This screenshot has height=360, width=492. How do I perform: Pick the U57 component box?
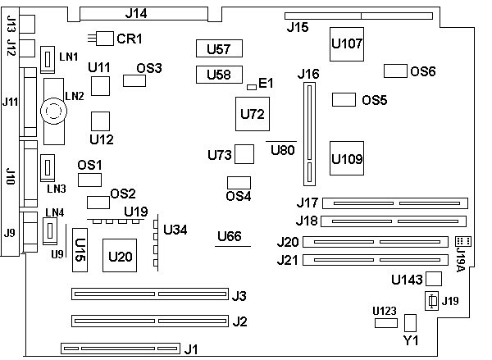coord(219,48)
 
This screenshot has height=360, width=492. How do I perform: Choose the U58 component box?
coord(219,75)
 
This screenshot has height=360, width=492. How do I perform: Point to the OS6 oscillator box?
coord(396,71)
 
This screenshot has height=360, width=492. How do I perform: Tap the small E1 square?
coord(251,84)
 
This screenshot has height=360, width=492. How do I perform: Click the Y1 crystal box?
coord(411,322)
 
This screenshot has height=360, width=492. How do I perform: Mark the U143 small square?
coord(434,279)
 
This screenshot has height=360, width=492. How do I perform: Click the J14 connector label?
coord(135,13)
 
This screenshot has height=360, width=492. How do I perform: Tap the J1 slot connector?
coord(121,349)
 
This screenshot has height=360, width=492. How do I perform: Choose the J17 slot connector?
coord(394,203)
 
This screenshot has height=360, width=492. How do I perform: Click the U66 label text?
coord(230,237)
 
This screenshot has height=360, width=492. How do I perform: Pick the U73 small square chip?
coord(245,153)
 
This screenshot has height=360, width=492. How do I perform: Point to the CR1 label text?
coord(130,39)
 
